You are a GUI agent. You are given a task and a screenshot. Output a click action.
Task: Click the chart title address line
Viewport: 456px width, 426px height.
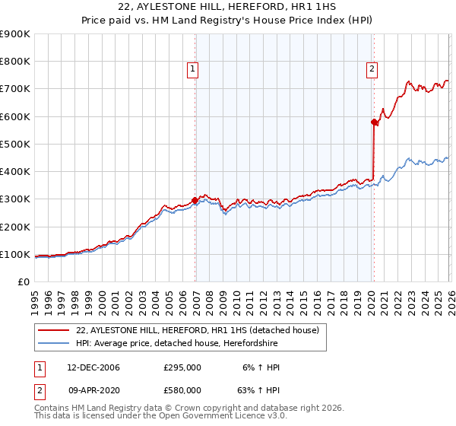228,8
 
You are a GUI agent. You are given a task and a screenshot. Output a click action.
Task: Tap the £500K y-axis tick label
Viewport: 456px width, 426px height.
14,144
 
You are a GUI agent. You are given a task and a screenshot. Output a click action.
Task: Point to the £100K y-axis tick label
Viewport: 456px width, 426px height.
14,254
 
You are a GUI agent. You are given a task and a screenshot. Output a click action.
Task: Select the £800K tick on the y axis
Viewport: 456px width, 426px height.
14,62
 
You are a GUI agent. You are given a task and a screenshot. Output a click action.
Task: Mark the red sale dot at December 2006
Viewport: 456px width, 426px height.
195,201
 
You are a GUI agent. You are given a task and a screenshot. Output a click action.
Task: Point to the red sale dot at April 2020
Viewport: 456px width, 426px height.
374,122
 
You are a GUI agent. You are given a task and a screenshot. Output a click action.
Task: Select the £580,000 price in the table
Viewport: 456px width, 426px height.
182,390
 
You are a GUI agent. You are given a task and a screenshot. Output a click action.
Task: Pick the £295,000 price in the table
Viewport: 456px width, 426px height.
182,367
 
